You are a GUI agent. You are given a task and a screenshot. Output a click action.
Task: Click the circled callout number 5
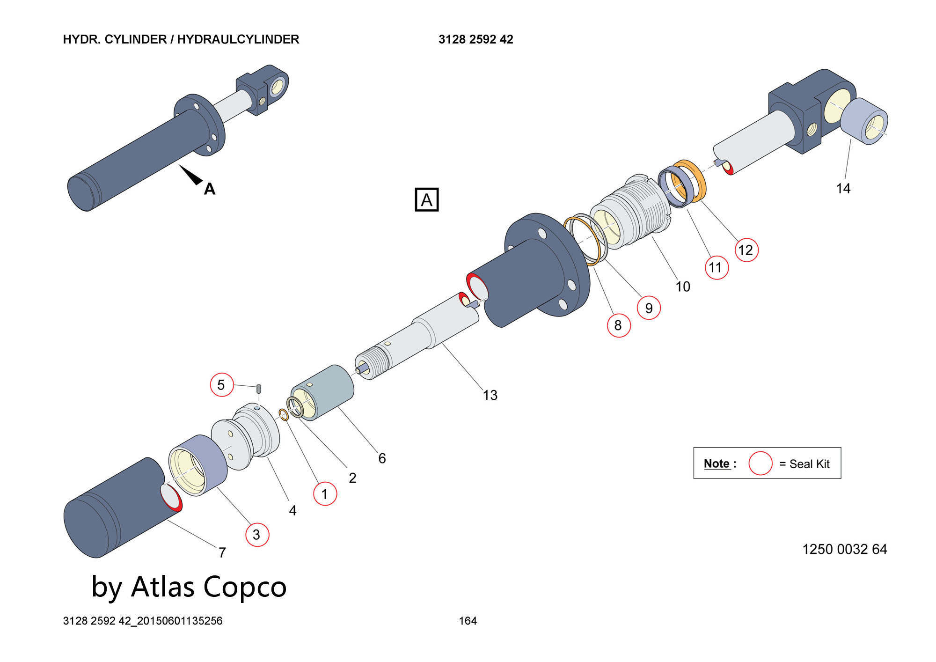click(221, 385)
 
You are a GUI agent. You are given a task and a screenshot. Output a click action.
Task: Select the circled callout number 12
click(746, 250)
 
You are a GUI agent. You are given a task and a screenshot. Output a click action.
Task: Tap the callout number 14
click(843, 189)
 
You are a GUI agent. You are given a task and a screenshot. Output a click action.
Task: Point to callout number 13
click(490, 396)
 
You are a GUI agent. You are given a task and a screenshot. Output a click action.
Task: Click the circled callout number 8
click(618, 325)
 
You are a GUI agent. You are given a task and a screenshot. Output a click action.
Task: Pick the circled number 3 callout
click(257, 535)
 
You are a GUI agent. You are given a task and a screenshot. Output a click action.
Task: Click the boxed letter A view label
click(426, 200)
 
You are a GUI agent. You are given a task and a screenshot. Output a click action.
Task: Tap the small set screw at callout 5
click(259, 389)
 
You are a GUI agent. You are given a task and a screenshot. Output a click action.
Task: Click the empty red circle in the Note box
click(760, 463)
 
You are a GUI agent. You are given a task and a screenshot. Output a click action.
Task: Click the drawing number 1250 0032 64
click(844, 549)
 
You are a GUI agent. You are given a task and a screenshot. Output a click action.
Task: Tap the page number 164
click(468, 621)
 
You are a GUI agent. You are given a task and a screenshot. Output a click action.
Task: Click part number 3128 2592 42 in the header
click(475, 39)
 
